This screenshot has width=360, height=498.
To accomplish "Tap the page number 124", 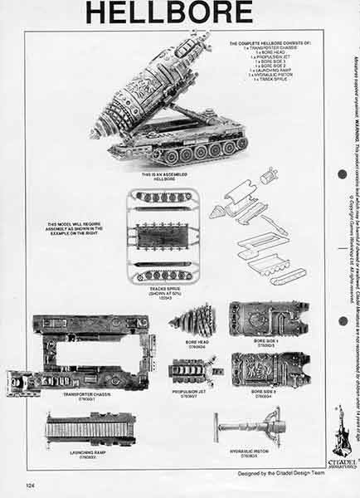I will coord(30,484).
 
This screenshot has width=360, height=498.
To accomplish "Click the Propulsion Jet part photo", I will coord(191,369).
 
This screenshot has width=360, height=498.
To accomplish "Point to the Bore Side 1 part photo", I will coord(268,317).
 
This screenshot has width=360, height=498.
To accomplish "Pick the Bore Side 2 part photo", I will coord(270,369).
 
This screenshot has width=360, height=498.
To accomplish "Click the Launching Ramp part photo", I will coord(91,427).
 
